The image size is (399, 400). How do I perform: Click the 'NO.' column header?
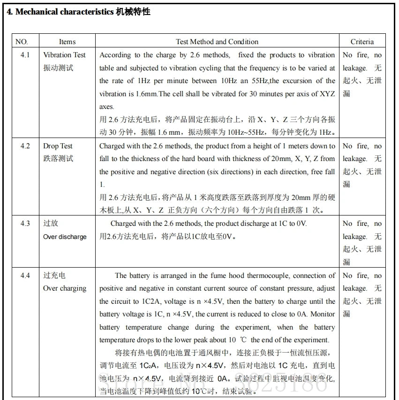pos(22,41)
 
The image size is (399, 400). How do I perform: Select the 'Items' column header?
pos(67,41)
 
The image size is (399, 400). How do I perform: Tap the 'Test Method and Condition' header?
pos(217,41)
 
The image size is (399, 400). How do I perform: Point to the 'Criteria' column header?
pos(362,41)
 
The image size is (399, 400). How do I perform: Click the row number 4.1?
pos(25,55)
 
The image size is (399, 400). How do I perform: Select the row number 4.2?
pos(25,146)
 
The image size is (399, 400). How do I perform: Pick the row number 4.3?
pos(25,223)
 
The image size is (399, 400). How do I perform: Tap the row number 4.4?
pos(25,276)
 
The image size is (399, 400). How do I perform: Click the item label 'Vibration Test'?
pos(65,55)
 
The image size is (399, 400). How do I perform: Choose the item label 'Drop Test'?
pos(58,146)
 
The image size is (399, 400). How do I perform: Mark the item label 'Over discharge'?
pos(65,237)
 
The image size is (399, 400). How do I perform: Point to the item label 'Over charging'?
pos(65,288)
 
